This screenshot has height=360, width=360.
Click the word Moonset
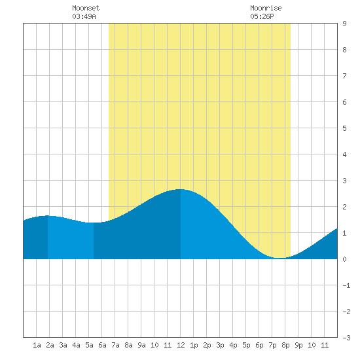(86, 8)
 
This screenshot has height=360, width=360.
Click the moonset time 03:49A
(84, 16)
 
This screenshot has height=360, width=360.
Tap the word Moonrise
(266, 8)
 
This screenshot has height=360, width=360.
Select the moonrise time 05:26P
(262, 16)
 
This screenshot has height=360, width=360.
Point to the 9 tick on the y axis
(344, 24)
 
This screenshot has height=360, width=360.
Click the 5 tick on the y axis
(344, 128)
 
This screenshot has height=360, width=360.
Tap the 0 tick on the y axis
(344, 259)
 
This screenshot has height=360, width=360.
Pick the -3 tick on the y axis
(346, 338)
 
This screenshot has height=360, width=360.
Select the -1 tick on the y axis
(346, 285)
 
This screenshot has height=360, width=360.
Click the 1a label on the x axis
(37, 345)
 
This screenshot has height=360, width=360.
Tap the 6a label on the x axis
(102, 345)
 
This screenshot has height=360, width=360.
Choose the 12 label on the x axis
(181, 345)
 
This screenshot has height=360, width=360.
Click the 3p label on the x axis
(220, 345)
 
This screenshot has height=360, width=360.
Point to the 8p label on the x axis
(285, 345)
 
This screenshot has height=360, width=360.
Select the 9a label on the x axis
(141, 345)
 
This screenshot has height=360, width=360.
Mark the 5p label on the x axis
(246, 345)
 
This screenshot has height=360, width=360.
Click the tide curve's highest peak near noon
(181, 189)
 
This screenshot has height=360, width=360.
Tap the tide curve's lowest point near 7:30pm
(279, 258)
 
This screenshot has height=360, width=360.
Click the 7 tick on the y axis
(344, 76)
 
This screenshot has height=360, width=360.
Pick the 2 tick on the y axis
(344, 207)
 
